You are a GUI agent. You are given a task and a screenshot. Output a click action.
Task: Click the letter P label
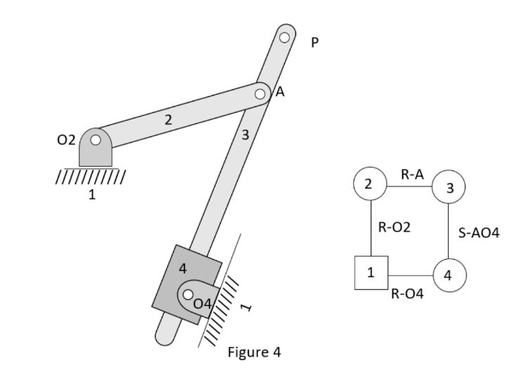pos(314,43)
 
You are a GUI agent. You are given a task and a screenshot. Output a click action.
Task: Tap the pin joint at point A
pos(260,93)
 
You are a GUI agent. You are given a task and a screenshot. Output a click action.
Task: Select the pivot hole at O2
pos(96,140)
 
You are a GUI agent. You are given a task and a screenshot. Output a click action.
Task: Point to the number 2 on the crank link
pos(168,120)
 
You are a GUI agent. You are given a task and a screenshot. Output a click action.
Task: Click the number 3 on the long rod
pos(245,136)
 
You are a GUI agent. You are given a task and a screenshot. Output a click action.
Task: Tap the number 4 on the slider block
pos(183,267)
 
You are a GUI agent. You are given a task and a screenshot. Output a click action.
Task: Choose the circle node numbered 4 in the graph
pos(448,274)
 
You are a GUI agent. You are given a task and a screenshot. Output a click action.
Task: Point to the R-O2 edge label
pos(394,227)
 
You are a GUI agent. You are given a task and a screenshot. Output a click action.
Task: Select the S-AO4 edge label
pos(478,232)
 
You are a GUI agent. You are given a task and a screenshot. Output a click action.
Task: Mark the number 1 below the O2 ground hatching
pos(91,195)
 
